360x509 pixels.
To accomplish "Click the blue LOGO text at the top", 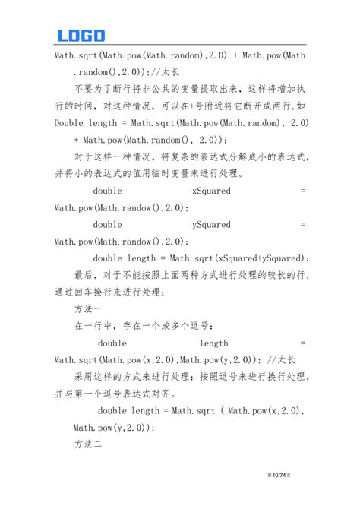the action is tap(81, 35).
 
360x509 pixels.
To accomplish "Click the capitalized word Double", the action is tap(69, 122).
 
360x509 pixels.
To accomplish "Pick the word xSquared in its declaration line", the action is tap(211, 191).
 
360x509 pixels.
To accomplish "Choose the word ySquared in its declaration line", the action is tap(211, 224).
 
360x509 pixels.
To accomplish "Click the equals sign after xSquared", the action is tap(303, 191).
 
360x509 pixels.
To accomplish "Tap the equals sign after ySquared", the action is tap(303, 224).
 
